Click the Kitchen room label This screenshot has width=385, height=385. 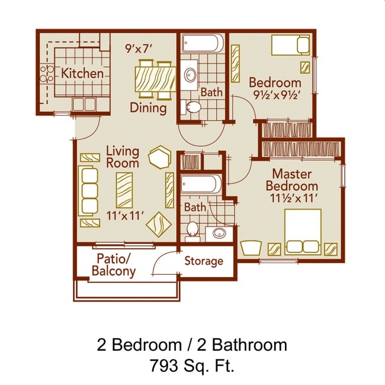click(83, 74)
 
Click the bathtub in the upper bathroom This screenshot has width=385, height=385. click(203, 43)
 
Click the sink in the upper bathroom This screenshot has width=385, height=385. click(191, 75)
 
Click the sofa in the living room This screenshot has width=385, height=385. click(88, 190)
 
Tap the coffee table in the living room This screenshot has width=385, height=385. click(124, 190)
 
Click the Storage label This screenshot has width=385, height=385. click(203, 261)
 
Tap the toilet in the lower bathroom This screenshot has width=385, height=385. click(192, 229)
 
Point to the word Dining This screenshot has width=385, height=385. click(148, 109)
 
